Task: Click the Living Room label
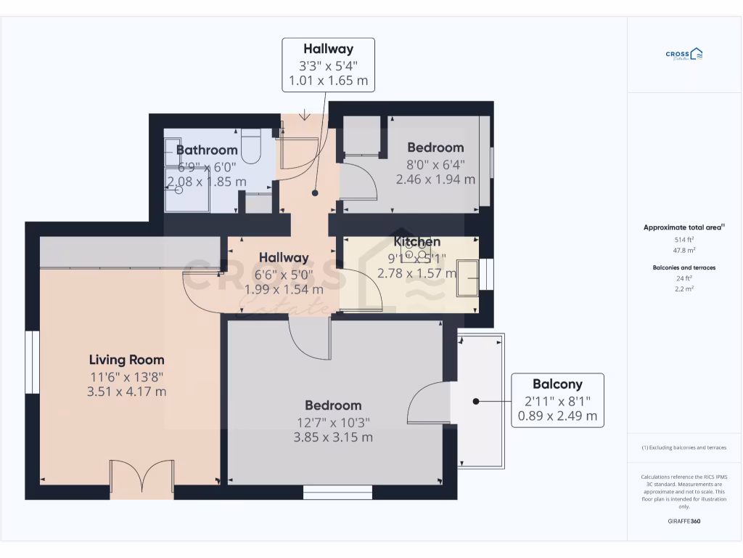pos(126,360)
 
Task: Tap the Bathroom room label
pos(207,150)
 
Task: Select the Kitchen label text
pos(416,241)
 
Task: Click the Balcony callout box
pos(557,400)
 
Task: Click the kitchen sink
pos(467,277)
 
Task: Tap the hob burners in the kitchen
pos(416,254)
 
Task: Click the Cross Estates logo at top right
pos(684,54)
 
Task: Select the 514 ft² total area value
pos(684,239)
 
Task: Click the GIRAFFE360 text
pos(684,521)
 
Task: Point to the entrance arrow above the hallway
pos(304,114)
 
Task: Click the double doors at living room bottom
pos(141,479)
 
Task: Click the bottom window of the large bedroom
pos(337,493)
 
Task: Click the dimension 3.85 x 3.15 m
pos(333,437)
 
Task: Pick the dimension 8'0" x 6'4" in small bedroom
pos(435,164)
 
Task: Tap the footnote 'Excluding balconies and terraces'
pos(684,448)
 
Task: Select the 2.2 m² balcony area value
pos(684,288)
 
